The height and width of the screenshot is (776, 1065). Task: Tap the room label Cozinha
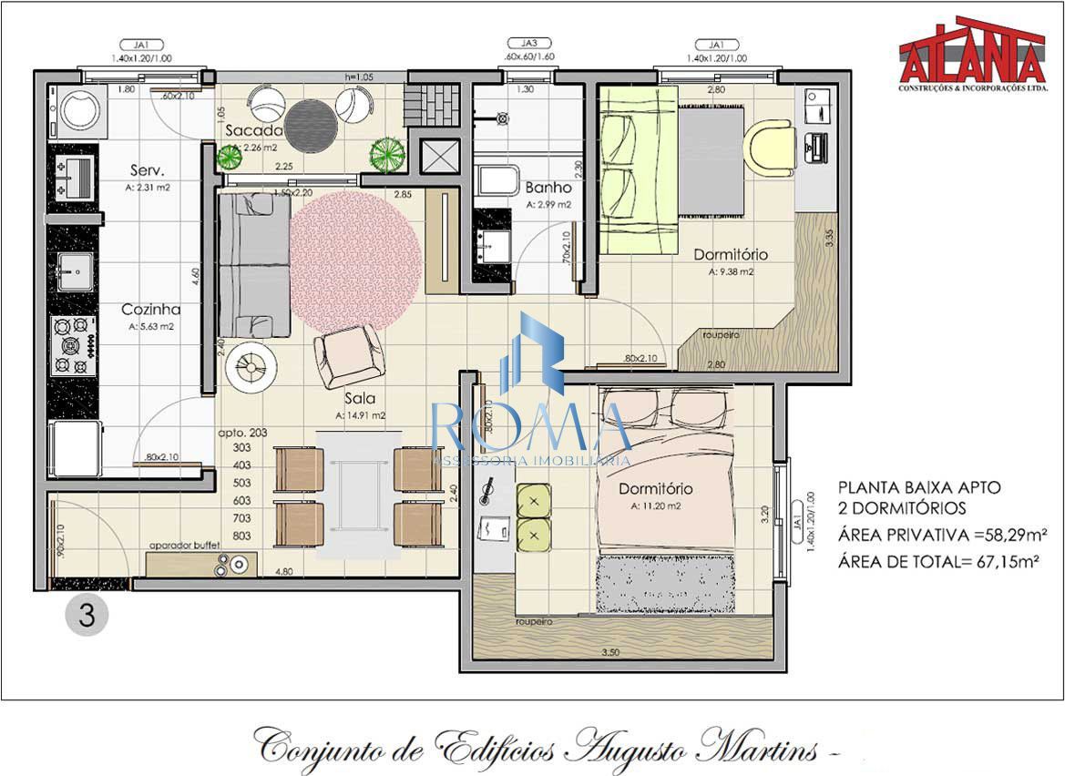tap(151, 310)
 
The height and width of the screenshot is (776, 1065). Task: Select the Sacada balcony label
tap(254, 130)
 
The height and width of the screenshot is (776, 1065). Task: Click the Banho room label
tap(548, 188)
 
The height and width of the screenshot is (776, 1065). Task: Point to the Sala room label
tap(361, 398)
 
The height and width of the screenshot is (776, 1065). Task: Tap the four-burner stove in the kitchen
tap(73, 345)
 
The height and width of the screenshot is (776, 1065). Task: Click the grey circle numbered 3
tap(87, 615)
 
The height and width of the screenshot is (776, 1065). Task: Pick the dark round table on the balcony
tap(310, 119)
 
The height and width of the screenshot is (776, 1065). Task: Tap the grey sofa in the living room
tap(252, 264)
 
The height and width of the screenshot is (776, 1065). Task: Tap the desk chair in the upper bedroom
tap(769, 148)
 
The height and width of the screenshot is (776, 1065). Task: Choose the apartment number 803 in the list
tap(242, 536)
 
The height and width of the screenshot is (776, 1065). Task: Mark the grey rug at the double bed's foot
tap(665, 583)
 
